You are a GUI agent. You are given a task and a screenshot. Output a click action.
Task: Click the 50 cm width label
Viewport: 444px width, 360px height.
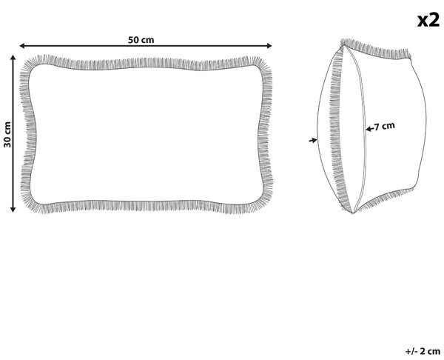click(141, 40)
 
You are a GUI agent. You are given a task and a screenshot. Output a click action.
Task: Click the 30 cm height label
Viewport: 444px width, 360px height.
click(7, 134)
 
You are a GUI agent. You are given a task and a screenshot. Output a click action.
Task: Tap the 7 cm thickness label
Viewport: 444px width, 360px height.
click(385, 126)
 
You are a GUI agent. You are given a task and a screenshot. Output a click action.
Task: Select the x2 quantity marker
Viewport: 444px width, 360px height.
click(428, 20)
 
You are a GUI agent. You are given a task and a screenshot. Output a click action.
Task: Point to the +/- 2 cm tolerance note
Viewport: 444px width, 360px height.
click(423, 351)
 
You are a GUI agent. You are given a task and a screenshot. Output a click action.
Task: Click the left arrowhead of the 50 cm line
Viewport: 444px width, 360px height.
click(22, 46)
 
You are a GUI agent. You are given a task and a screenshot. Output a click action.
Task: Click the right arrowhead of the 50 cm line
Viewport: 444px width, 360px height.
click(269, 46)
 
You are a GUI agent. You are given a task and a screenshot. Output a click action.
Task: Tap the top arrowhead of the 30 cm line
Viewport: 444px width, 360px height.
click(13, 58)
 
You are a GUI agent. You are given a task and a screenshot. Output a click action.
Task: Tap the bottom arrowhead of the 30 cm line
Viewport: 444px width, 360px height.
click(13, 209)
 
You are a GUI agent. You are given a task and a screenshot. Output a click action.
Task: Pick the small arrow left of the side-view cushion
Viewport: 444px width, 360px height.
click(312, 140)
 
